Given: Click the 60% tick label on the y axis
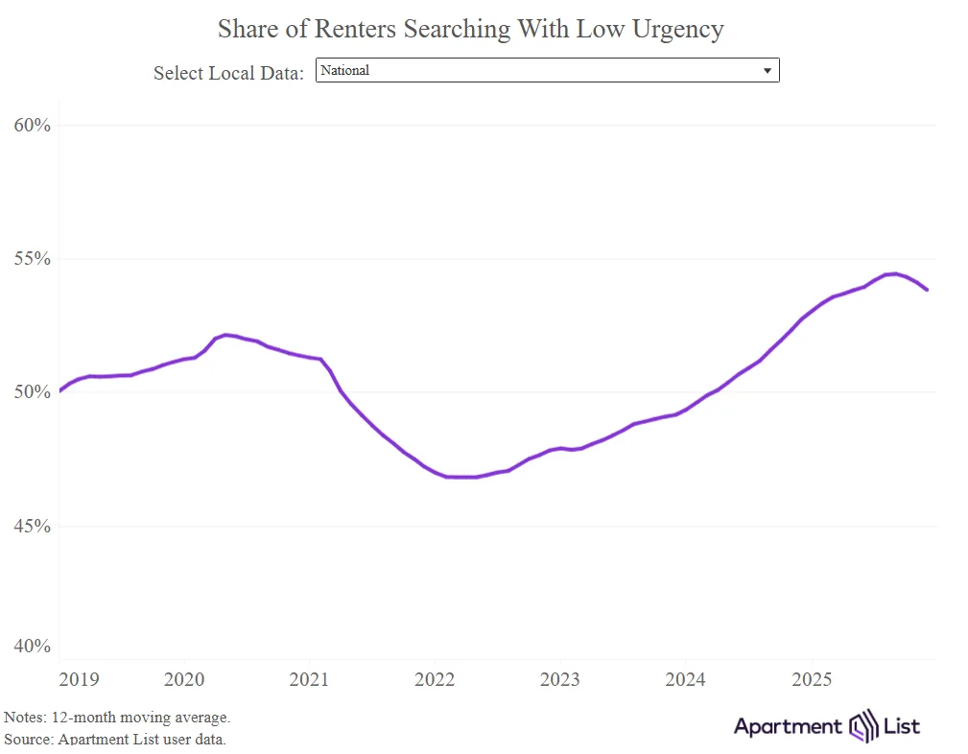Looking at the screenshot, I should pos(31,126).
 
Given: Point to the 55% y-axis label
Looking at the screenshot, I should pos(31,259).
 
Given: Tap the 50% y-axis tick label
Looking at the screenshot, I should pos(31,392).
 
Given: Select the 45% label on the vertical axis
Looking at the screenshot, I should pos(31,526).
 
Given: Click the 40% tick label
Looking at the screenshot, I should pos(31,647).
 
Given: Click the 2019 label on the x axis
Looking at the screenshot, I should pos(79,680).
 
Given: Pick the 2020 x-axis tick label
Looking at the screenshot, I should pos(184,680).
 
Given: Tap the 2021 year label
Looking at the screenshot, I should pos(309,680).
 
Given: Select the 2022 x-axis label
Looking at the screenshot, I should pos(435,680).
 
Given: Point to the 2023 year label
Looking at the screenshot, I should pos(560,680).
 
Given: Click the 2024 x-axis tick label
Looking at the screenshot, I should pos(686,680).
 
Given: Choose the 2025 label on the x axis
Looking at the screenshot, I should pos(812,680).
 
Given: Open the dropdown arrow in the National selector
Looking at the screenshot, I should pos(767,71).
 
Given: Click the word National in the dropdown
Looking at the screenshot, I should pos(345,71).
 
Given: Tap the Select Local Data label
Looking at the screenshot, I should pos(228,73).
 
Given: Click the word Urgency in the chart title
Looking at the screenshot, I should pos(676,30).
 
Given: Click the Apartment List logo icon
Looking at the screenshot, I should pos(863,726).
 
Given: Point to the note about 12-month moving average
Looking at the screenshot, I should pos(117,718).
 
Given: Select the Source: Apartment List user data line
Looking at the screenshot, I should pos(115,739).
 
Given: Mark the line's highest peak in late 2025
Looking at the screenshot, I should pos(893,273).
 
